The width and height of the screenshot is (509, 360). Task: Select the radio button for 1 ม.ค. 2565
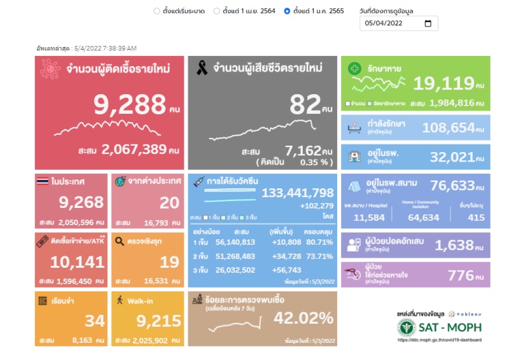point(287,11)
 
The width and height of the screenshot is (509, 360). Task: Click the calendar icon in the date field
point(428,24)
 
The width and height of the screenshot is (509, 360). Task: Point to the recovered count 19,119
point(443,83)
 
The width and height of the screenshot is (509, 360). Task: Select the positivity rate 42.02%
point(303,317)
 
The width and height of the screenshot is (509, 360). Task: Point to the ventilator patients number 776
point(461,275)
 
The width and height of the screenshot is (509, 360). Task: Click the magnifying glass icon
point(120,241)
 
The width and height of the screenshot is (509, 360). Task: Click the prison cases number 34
point(80,321)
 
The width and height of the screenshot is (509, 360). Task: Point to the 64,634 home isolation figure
point(423,218)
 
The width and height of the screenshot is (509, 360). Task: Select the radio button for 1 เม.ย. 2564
point(216,11)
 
